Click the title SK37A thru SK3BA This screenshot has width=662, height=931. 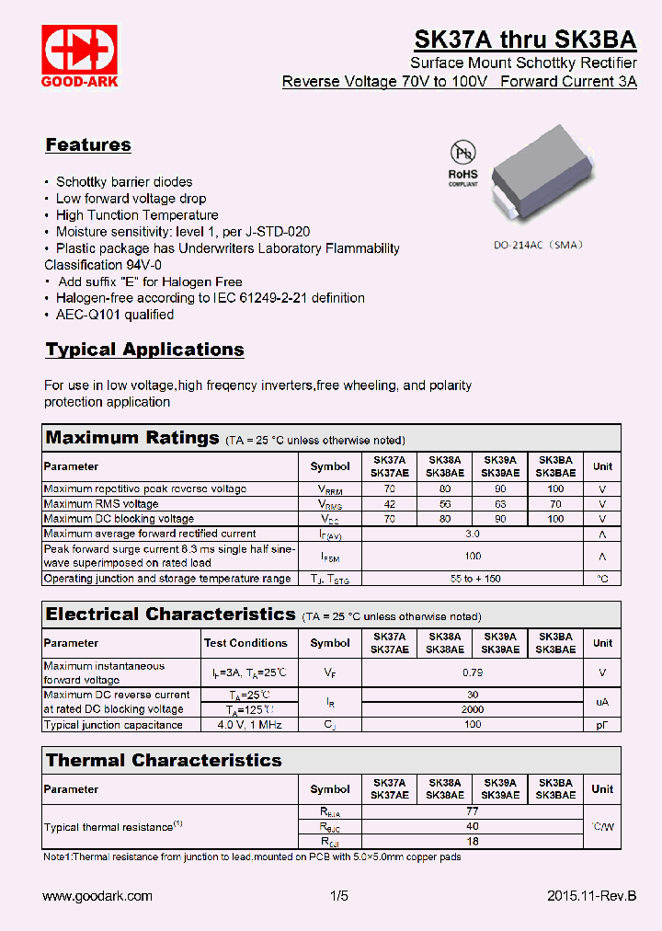(524, 40)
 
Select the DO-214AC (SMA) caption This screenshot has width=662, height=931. (538, 246)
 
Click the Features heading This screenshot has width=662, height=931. (88, 144)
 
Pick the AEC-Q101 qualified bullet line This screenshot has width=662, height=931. (114, 315)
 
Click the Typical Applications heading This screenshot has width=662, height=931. (144, 350)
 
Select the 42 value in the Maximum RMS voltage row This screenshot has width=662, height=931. (389, 504)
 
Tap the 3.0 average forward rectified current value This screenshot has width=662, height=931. (473, 534)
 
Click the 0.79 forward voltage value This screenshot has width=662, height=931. (473, 672)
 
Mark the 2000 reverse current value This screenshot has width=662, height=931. (473, 710)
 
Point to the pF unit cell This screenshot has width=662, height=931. (602, 725)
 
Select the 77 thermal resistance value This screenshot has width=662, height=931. (473, 812)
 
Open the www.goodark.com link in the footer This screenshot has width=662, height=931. (97, 896)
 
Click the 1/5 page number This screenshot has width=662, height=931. (339, 896)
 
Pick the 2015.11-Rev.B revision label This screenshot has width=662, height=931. (591, 896)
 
